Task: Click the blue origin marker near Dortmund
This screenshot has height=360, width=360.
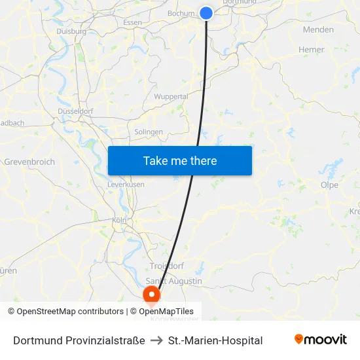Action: [x=206, y=13]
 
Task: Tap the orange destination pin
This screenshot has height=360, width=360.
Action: [x=152, y=295]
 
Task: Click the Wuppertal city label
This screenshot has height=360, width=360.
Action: [x=171, y=97]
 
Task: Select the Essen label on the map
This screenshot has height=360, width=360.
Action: [x=132, y=22]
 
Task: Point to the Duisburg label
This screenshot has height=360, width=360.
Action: [x=71, y=31]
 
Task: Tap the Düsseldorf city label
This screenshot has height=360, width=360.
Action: [x=75, y=111]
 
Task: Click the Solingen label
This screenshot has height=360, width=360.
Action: [x=149, y=132]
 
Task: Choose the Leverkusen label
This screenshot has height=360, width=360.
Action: [x=126, y=185]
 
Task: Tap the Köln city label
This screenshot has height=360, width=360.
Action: [x=119, y=221]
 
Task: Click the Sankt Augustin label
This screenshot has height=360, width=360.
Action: [x=173, y=281]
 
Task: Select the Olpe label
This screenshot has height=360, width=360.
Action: [x=329, y=185]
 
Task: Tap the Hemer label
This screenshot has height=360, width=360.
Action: [x=311, y=49]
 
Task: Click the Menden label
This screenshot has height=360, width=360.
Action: [x=318, y=29]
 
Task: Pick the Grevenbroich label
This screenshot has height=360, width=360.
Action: [x=29, y=162]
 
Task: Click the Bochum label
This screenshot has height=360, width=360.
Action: [x=181, y=13]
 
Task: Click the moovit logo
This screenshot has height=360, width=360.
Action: [x=321, y=340]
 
